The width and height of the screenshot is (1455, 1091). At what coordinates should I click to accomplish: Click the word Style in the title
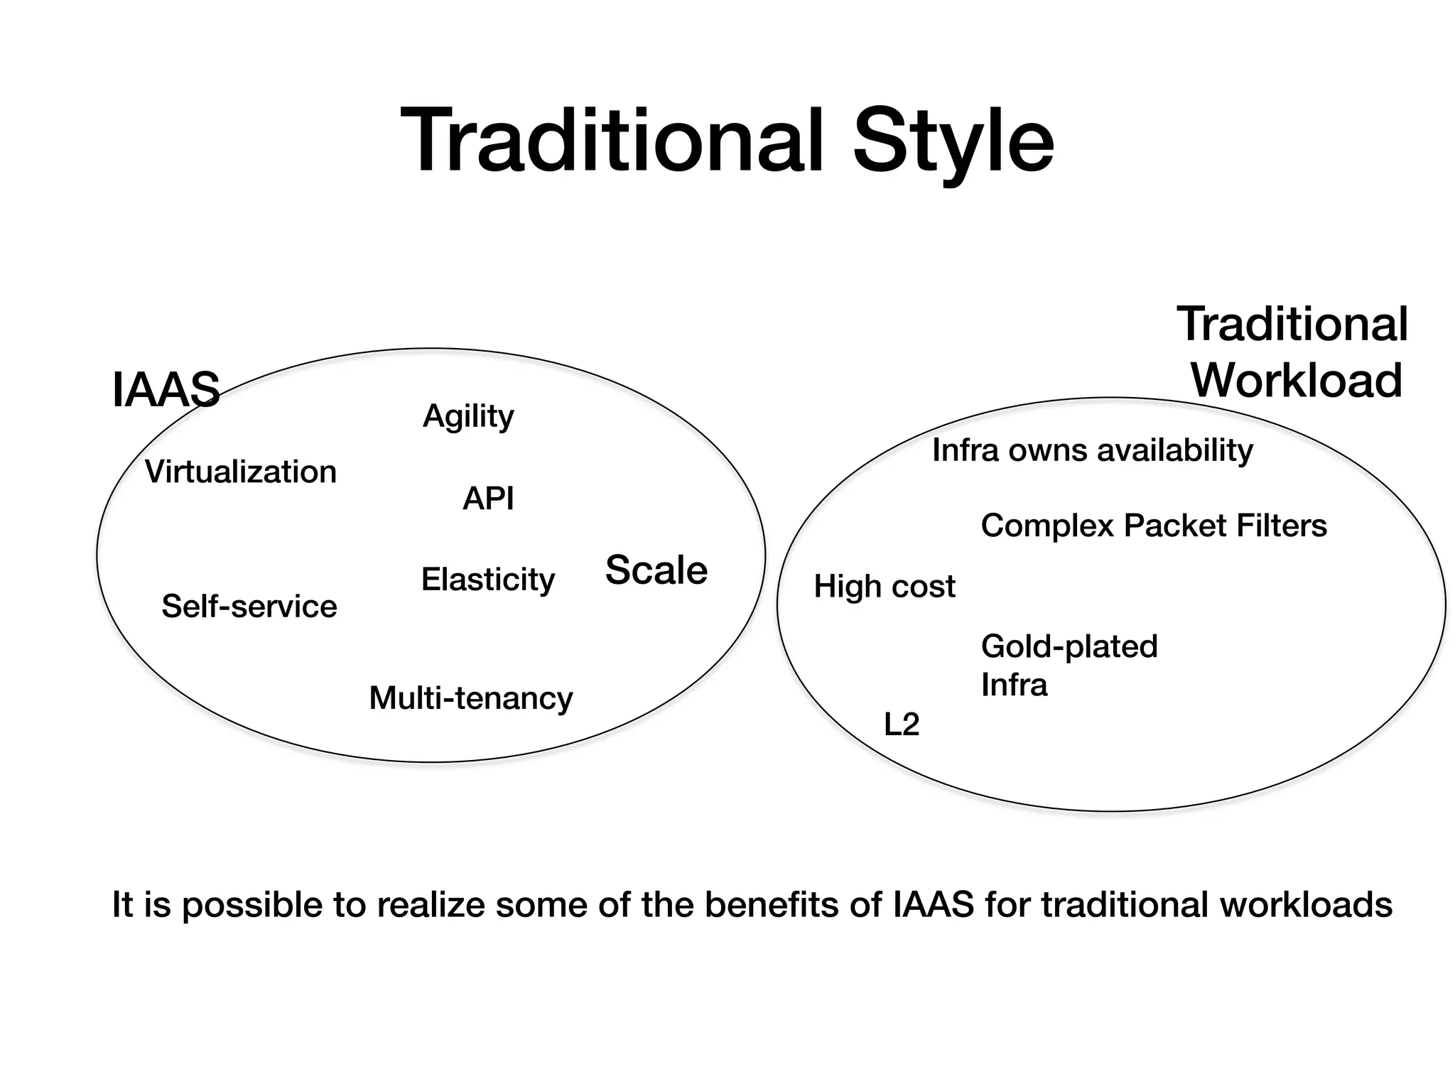953,142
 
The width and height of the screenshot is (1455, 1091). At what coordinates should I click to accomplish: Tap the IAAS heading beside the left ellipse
166,390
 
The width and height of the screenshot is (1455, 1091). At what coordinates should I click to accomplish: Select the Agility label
468,417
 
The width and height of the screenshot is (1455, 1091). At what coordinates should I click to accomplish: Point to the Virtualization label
241,472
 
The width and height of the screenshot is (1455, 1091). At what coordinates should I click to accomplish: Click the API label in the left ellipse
488,499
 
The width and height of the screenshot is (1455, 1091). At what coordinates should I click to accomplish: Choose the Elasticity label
488,580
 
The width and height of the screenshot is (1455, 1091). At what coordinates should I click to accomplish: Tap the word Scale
656,570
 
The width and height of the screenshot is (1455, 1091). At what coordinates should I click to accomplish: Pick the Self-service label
249,607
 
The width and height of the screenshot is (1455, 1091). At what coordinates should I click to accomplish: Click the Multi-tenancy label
471,698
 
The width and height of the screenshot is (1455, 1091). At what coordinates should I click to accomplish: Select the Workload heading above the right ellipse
1297,381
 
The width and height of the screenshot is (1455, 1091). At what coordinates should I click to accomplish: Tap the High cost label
885,587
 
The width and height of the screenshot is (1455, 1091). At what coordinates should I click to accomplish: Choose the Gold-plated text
1069,647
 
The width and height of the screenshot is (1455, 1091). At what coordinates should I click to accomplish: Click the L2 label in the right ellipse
902,725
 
